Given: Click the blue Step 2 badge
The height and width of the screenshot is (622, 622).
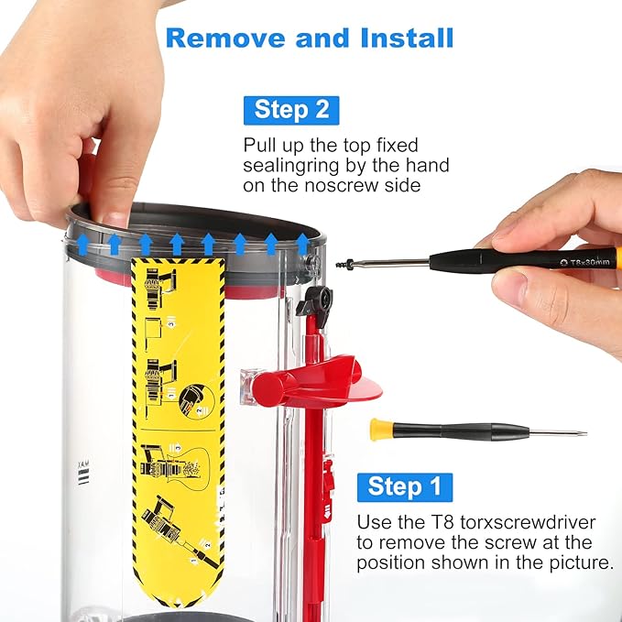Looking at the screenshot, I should click(291, 110).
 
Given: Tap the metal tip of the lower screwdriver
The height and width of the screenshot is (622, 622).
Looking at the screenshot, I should click(558, 432).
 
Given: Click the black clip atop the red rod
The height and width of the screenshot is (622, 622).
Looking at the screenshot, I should click(317, 297).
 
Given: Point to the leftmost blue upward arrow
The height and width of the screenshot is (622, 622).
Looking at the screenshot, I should click(83, 243).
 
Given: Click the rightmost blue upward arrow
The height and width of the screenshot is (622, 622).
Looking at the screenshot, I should click(302, 243).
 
